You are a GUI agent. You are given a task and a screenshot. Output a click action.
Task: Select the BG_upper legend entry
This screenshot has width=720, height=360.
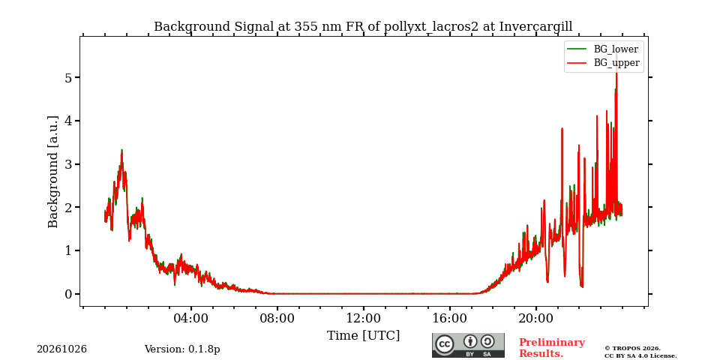pos(603,63)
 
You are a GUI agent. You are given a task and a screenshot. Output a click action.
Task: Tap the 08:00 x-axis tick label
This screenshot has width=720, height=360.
pos(277,318)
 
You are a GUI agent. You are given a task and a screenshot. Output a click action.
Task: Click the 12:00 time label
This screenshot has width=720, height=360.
pos(363,318)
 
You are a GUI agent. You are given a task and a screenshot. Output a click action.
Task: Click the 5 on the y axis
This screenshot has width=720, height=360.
pos(69,77)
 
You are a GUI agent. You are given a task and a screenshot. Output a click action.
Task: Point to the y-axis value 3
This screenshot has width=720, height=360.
pos(69,164)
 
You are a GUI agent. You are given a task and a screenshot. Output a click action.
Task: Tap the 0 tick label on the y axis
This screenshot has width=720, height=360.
pos(69,294)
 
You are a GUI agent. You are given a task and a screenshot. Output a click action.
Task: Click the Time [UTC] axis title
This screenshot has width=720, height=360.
pos(363,336)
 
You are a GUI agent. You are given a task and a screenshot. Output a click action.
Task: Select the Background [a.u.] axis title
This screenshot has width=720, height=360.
pos(53,172)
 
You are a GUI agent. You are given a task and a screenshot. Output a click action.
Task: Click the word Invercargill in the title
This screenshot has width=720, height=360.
pos(535,27)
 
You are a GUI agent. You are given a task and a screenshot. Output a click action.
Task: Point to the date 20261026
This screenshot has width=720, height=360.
pos(62,349)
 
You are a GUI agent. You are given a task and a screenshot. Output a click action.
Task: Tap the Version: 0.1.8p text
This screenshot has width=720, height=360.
pos(182,349)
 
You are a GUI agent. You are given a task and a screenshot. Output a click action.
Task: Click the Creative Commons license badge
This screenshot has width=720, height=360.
pos(468,345)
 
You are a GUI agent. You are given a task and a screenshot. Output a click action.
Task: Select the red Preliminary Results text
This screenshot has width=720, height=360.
pos(552,348)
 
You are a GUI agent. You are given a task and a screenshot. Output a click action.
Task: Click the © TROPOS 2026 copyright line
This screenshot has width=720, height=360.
pos(632,349)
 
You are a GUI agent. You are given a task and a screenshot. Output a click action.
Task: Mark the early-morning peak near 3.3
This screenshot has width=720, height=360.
pos(121,151)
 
